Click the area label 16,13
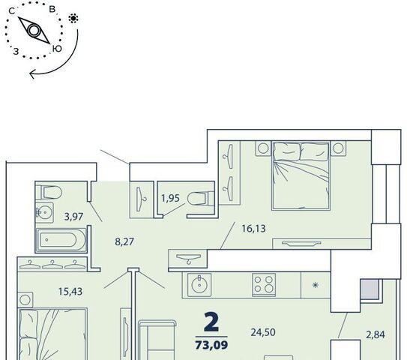tap(253, 229)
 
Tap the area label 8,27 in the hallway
tap(124, 241)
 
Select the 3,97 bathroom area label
tap(73, 216)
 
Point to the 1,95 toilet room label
tap(170, 198)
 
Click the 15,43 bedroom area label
tap(70, 292)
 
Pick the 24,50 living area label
tap(263, 332)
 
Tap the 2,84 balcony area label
tap(376, 334)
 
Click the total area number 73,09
tap(211, 345)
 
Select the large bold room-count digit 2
tap(211, 322)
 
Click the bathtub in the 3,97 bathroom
tap(61, 240)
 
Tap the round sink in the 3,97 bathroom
tap(44, 213)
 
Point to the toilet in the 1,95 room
tap(201, 199)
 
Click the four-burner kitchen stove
tap(264, 285)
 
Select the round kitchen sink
tap(199, 285)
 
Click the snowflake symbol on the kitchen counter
tap(315, 286)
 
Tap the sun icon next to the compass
tap(73, 19)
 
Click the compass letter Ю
tap(57, 49)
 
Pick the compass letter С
tap(12, 11)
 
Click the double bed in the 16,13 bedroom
tap(301, 175)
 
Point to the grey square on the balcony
tap(370, 289)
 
